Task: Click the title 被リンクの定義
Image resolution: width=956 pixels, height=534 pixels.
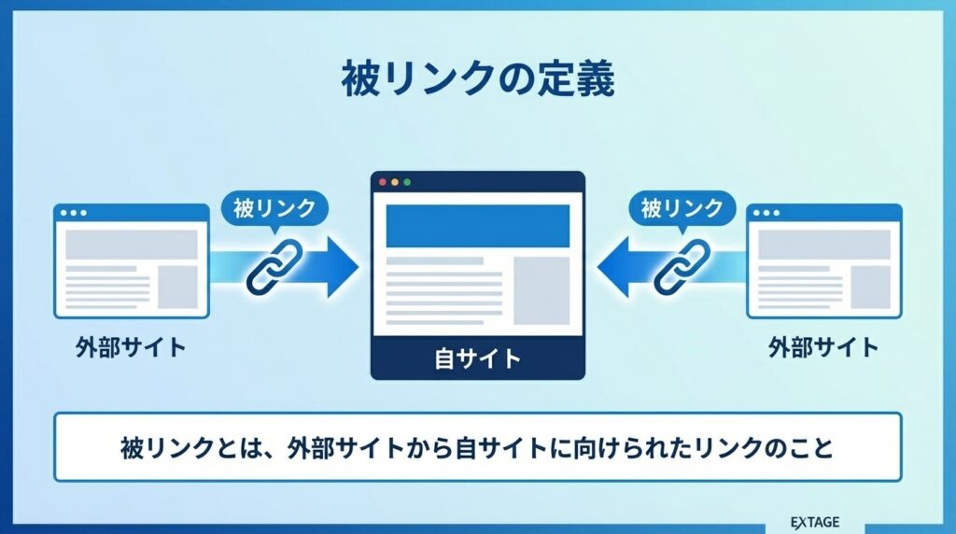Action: [477, 81]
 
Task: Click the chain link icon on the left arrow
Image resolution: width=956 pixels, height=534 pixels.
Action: [274, 266]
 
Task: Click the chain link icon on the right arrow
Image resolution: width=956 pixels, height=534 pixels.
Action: [682, 266]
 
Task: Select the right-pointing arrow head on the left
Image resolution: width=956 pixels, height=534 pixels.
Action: [339, 266]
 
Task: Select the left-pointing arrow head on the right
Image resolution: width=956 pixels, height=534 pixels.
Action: [616, 266]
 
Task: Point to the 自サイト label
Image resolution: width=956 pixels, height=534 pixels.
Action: [478, 359]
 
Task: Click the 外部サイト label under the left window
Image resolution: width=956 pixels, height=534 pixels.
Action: [131, 349]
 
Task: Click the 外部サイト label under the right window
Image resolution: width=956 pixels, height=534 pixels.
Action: [823, 349]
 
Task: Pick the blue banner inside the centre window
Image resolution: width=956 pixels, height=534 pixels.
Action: [478, 226]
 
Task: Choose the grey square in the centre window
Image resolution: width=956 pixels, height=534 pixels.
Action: [541, 290]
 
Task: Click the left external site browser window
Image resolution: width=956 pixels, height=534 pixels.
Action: [132, 261]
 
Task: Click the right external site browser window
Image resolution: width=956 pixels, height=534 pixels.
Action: [824, 261]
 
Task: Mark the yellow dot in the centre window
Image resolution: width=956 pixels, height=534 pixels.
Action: [394, 182]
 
